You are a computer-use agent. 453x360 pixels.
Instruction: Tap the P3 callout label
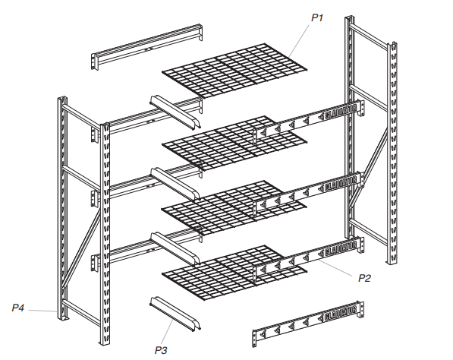coord(160,350)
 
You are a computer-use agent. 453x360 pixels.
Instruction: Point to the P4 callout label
coord(18,308)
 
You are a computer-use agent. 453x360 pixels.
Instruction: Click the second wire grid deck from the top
coord(228,141)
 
